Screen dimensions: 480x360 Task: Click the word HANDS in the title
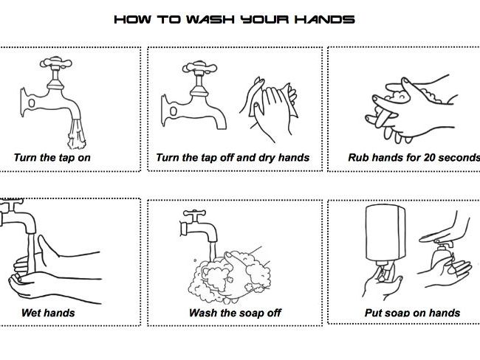[325, 20]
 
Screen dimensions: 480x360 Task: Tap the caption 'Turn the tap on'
[52, 158]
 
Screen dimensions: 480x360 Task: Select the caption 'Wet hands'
[48, 313]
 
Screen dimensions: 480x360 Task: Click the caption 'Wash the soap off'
[235, 313]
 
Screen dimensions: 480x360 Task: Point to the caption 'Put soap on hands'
[412, 313]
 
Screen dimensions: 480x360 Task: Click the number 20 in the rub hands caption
[430, 158]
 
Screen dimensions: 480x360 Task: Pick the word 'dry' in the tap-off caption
[267, 158]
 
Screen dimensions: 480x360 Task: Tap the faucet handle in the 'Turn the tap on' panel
[56, 63]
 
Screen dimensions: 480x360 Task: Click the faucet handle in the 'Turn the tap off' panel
[199, 67]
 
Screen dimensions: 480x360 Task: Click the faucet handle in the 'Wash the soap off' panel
[194, 212]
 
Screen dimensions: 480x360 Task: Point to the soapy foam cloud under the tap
[229, 276]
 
